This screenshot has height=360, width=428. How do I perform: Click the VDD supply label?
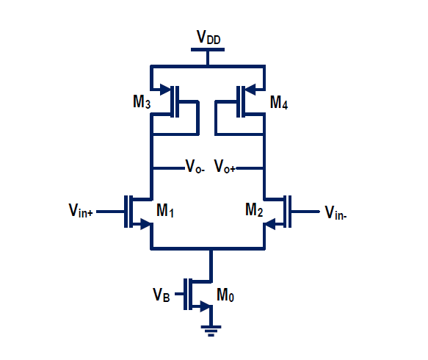pyautogui.click(x=208, y=37)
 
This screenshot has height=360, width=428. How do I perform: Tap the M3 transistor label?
pyautogui.click(x=142, y=102)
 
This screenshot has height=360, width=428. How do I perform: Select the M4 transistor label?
pyautogui.click(x=279, y=102)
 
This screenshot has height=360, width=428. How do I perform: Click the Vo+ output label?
pyautogui.click(x=225, y=168)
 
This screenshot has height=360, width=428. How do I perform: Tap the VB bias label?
pyautogui.click(x=162, y=295)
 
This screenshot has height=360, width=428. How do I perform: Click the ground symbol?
pyautogui.click(x=211, y=331)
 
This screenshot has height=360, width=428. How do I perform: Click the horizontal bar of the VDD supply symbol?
pyautogui.click(x=208, y=50)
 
